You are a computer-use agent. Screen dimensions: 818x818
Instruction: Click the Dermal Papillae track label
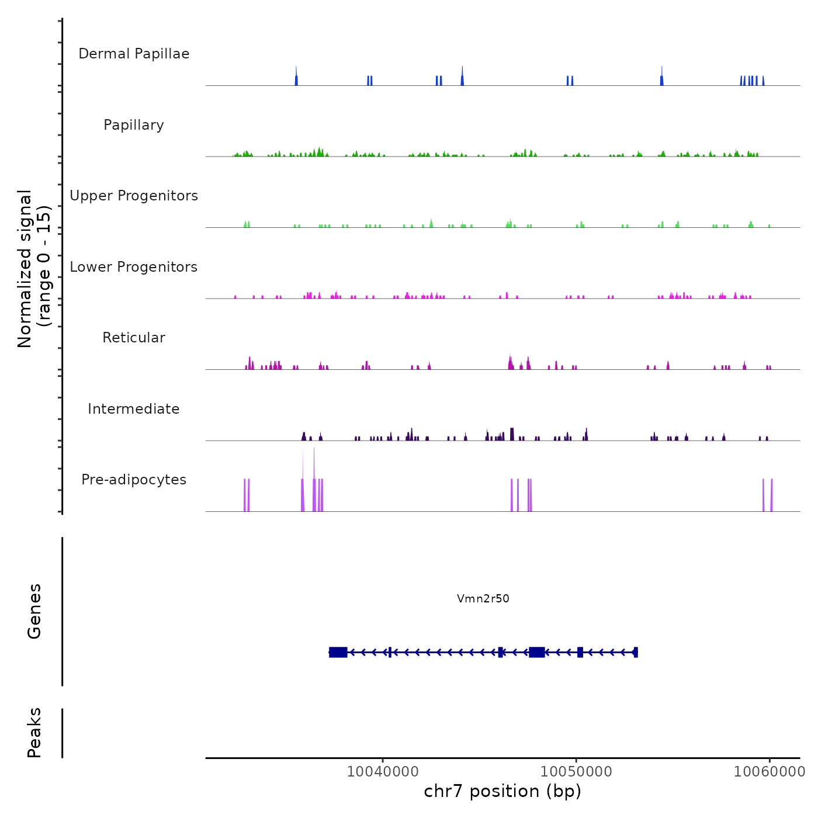pos(134,54)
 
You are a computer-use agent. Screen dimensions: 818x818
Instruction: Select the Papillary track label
pos(134,125)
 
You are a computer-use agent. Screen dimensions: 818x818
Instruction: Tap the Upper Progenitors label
pos(134,196)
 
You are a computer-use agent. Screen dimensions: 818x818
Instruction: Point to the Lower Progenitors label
pos(134,267)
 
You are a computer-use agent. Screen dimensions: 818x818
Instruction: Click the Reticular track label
pos(134,338)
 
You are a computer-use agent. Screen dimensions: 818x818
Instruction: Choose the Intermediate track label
pos(134,409)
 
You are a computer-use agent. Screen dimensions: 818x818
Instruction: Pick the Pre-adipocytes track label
pos(134,480)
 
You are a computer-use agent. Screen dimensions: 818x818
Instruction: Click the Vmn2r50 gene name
pos(483,598)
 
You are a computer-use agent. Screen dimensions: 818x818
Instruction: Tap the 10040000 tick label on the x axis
pos(383,771)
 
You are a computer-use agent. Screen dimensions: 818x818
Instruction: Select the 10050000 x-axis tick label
pos(576,771)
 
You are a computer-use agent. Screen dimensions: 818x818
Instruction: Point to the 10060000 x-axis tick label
pos(770,771)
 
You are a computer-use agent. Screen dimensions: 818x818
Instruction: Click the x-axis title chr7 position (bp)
pos(502,791)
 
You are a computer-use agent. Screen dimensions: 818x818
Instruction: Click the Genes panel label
pos(34,611)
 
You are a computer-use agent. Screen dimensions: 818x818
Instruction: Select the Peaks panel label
pos(34,733)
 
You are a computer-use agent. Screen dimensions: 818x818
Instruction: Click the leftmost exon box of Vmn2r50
pos(338,652)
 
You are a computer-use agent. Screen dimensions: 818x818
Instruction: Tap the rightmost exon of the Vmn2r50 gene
pos(636,652)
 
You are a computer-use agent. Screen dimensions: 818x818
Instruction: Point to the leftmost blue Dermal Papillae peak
pos(296,78)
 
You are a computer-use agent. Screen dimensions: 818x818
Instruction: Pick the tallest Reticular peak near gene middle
pos(510,362)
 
